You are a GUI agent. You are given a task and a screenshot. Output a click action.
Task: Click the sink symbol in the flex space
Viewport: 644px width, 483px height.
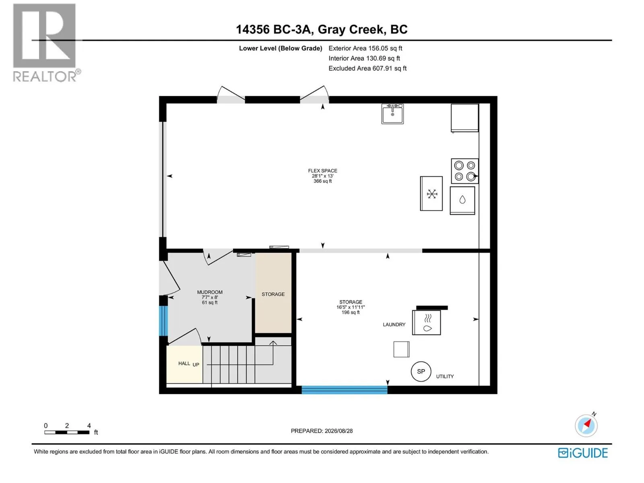[392, 114]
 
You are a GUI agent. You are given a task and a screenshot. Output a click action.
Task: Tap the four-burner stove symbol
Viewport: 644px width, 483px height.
[465, 171]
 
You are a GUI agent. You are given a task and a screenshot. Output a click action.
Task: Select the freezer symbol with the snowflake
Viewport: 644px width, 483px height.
[431, 194]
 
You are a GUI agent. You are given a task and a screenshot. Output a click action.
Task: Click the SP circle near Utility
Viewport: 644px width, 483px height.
[421, 371]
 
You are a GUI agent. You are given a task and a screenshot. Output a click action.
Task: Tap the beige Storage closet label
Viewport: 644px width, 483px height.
[273, 294]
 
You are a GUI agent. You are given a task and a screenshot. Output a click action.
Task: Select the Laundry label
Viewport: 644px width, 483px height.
[394, 324]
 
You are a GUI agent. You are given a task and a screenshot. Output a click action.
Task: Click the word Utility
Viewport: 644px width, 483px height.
[445, 376]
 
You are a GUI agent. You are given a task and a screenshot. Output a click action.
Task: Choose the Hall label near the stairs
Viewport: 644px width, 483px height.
[184, 363]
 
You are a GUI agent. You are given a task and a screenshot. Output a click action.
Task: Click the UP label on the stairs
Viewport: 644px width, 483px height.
[196, 365]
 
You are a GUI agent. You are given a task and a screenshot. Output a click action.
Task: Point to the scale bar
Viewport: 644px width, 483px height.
[67, 432]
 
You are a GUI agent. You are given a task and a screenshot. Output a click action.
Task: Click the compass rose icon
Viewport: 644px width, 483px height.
[586, 425]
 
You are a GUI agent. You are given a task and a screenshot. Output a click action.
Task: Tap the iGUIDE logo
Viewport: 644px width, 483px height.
[583, 453]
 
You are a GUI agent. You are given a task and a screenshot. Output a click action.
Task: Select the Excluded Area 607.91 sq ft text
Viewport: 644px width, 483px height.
[367, 68]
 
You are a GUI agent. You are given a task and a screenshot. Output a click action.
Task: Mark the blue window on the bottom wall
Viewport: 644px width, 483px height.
[345, 390]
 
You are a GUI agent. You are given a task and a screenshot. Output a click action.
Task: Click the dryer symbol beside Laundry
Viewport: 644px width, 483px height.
[426, 322]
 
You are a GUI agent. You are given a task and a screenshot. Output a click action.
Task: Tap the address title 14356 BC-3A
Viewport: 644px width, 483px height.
[273, 29]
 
